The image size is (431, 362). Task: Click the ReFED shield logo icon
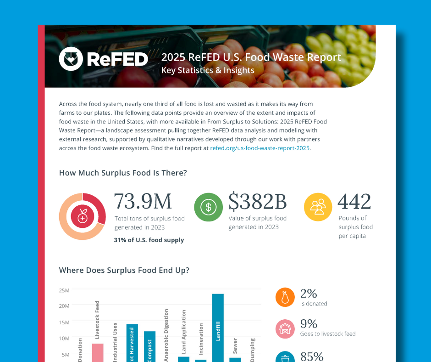pos(70,59)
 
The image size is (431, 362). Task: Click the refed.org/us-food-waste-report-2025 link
pos(260,148)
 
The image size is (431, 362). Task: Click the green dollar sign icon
pos(208,207)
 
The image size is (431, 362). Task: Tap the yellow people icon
pos(318,207)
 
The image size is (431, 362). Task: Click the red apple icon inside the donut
pos(83,216)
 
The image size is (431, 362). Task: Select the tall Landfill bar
pos(218,327)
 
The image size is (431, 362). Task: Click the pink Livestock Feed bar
pos(98,352)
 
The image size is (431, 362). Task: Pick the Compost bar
pos(149,346)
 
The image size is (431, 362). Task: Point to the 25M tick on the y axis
pos(64,290)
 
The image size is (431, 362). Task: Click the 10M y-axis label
pos(64,338)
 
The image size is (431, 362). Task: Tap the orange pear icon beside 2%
pos(285,297)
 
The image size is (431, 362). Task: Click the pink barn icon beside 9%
pos(285,328)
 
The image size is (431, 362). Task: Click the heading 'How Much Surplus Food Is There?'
pos(123,173)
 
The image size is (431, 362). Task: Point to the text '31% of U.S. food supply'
pos(149,240)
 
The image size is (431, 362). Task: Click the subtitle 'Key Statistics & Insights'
pos(208,70)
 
